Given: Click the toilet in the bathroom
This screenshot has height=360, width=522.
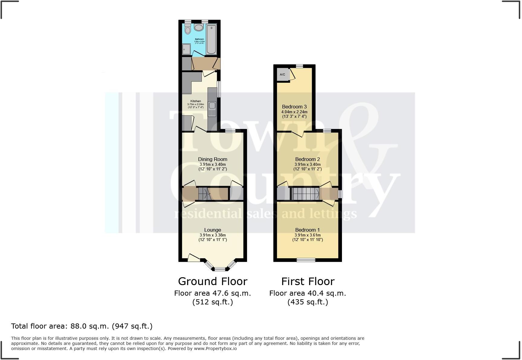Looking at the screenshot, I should (x=188, y=29).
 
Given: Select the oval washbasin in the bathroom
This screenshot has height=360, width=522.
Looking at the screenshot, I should (x=199, y=28).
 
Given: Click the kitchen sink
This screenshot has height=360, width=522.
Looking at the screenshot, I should (x=212, y=105).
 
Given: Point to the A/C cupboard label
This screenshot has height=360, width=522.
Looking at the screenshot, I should (x=282, y=75).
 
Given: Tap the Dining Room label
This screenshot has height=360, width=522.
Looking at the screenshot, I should (x=213, y=159).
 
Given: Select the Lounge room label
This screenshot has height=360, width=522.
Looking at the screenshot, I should (x=213, y=230).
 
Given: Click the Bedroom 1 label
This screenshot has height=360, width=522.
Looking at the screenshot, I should (x=308, y=230).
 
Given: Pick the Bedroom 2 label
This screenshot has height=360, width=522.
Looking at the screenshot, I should (x=308, y=159).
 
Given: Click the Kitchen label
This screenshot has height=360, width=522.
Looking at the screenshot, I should (x=195, y=101).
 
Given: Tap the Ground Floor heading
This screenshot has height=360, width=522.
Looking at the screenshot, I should (x=213, y=281).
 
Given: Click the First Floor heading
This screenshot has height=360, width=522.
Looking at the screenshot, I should (x=308, y=281).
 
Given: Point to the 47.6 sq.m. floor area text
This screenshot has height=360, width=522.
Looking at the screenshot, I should (x=213, y=293).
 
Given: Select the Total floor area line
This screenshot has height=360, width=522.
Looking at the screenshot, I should (x=82, y=326).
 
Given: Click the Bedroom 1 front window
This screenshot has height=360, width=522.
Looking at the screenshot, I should (x=306, y=260).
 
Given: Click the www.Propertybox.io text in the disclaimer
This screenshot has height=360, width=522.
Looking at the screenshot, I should (x=215, y=349).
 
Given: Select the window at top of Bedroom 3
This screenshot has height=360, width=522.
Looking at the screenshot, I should (x=299, y=66).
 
